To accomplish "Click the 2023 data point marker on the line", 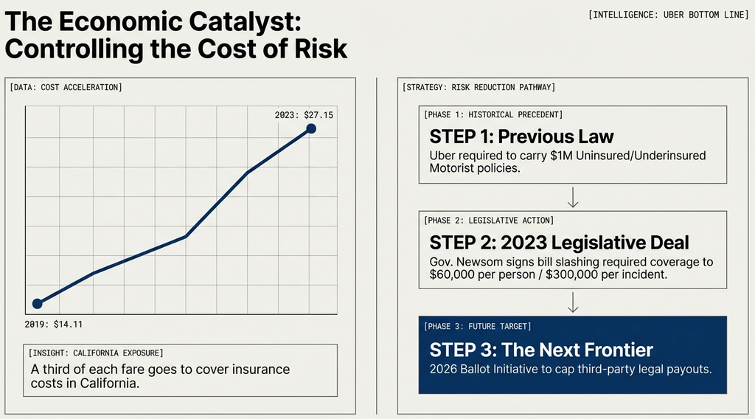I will pos(311,129).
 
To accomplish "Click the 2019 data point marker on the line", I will pos(38,303).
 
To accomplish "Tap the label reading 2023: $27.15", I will pos(304,114).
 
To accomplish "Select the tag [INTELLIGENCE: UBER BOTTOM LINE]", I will pos(669,15).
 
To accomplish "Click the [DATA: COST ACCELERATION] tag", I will pos(66,88).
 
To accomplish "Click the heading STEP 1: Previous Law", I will pos(521,136).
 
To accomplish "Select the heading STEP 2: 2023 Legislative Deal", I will pos(560,243).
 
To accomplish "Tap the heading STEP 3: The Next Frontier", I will pos(541,349).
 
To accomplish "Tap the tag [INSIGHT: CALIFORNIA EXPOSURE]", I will pos(97,353).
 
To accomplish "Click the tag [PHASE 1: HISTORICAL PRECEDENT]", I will pos(493,114).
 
